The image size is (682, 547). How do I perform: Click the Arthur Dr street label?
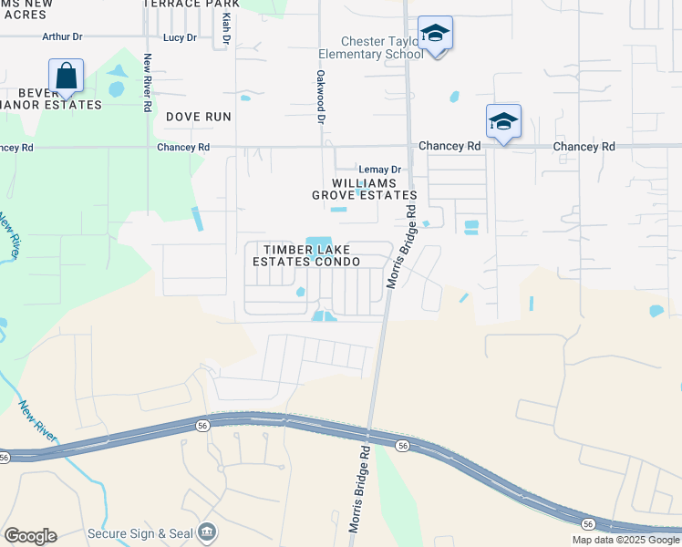click(63, 37)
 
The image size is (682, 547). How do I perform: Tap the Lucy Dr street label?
click(179, 37)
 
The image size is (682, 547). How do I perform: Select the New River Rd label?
click(147, 83)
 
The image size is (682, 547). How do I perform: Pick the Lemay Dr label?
click(379, 170)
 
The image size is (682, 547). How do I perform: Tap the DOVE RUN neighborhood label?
click(199, 117)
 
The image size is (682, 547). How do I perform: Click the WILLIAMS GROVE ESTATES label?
click(365, 189)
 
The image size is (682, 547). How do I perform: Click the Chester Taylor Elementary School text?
click(381, 47)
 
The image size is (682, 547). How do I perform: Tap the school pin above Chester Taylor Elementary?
click(436, 35)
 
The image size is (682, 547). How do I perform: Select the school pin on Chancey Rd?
click(503, 122)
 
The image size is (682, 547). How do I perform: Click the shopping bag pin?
click(67, 77)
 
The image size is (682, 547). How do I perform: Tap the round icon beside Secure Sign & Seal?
click(208, 532)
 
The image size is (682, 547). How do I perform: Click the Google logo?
click(30, 536)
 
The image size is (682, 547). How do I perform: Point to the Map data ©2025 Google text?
click(625, 540)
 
